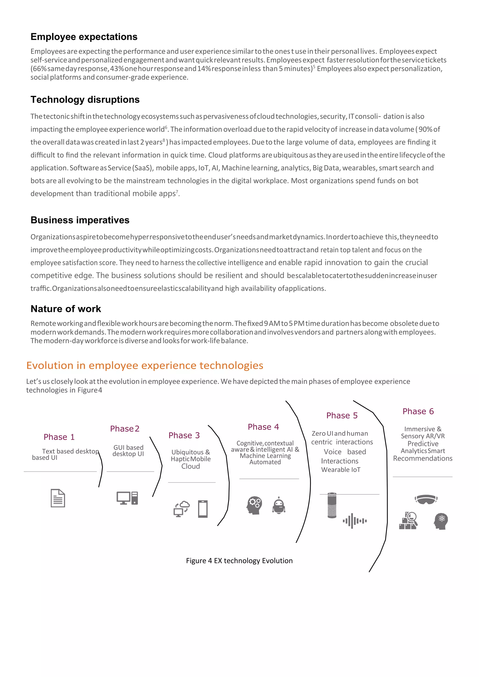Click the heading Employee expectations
(x=84, y=37)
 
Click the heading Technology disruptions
(x=85, y=100)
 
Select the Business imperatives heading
(x=80, y=220)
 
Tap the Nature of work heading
(x=66, y=309)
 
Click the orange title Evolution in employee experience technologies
(x=145, y=366)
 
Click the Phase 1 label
(x=59, y=437)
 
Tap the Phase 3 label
(x=184, y=436)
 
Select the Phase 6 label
(x=418, y=411)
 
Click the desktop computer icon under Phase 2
(x=127, y=498)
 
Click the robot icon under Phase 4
(x=279, y=506)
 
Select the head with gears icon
(x=254, y=505)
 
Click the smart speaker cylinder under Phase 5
(x=332, y=505)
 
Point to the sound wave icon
(x=355, y=521)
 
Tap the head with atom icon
(x=441, y=521)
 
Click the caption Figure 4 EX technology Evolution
(x=239, y=561)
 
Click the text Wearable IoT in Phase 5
(x=341, y=470)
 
